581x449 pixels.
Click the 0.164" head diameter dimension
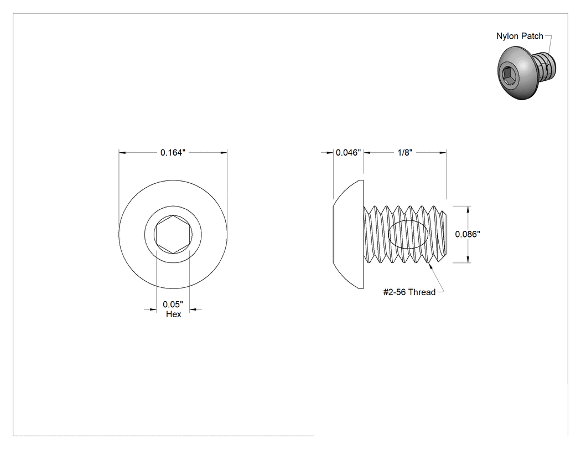pos(173,152)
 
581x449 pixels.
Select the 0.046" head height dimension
pos(348,152)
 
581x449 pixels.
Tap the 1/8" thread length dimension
pos(405,152)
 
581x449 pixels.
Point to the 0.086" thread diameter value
pos(468,234)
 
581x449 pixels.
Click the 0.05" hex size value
pos(173,305)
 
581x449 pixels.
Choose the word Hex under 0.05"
pos(173,314)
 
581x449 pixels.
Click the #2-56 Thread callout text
pos(409,292)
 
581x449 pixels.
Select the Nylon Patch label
pos(520,36)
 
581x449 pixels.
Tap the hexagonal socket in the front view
pos(173,234)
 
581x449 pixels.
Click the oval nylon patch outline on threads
pos(388,234)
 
